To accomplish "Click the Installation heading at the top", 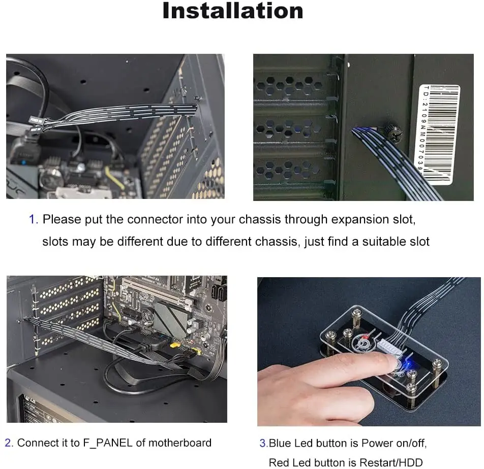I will (232, 11).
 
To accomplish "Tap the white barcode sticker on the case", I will (439, 133).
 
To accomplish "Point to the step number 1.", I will (33, 219).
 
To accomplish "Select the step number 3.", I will (263, 443).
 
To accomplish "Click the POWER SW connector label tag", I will (35, 121).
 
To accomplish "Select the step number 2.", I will (9, 443).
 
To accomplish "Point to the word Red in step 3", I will (279, 462).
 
